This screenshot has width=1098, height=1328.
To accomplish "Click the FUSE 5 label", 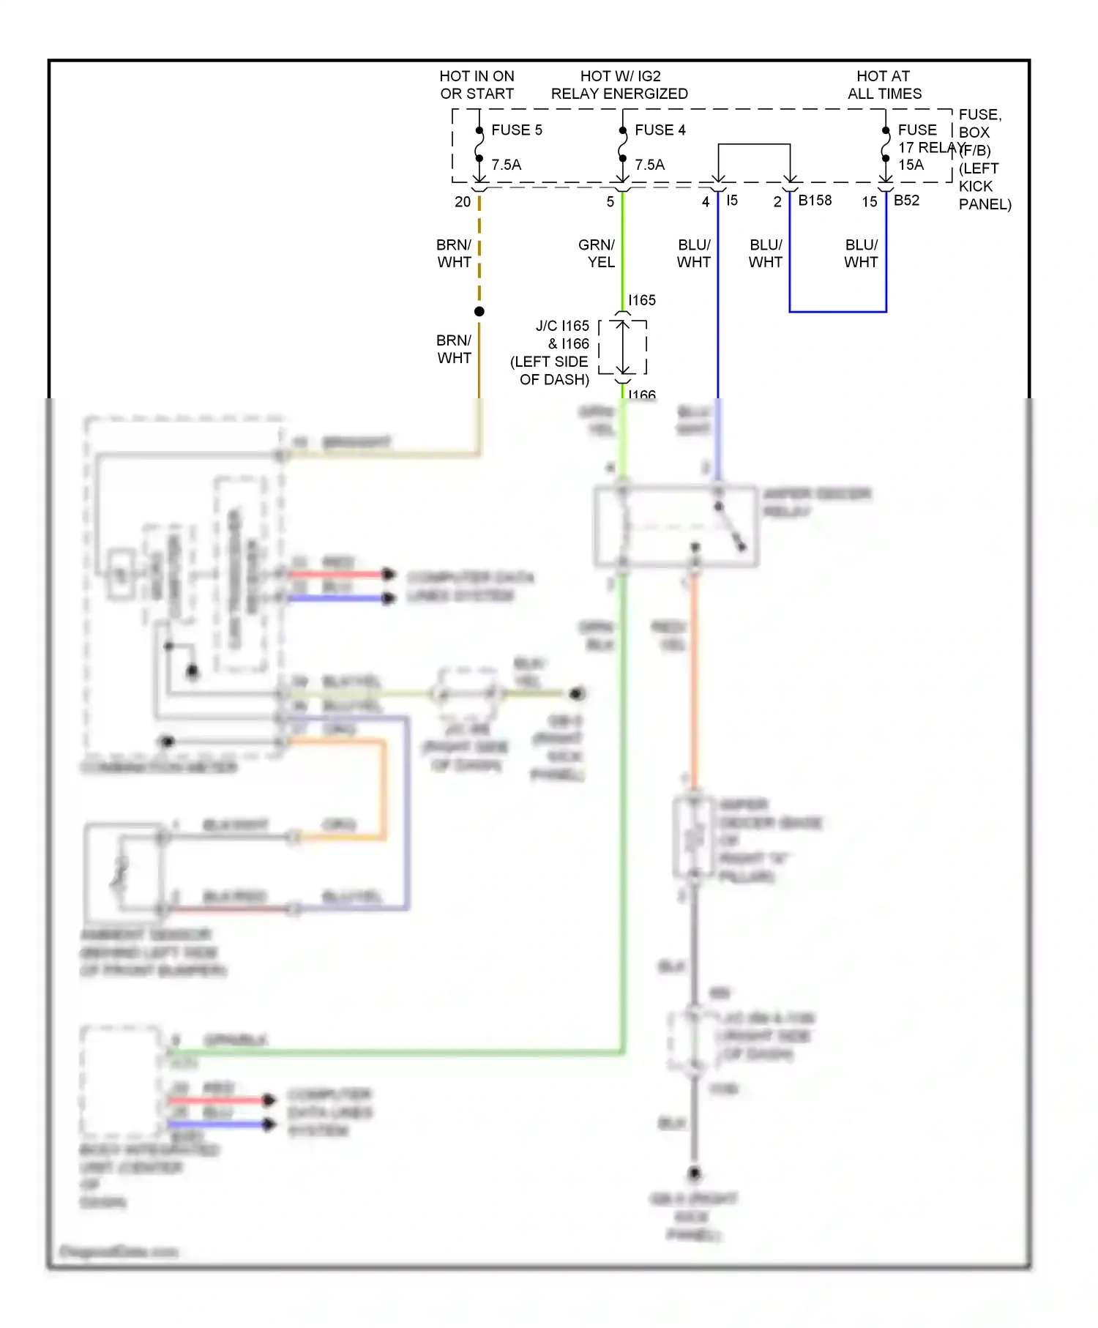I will (516, 130).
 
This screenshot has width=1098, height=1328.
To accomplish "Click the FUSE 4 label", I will (660, 130).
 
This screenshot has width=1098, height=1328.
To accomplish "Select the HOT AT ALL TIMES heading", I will (884, 85).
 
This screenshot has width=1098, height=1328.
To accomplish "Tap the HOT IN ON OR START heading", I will (477, 85).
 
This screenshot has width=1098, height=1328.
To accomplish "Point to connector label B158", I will (815, 201).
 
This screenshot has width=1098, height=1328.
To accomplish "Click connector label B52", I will (906, 201).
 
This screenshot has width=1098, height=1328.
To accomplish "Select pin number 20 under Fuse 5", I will (463, 202).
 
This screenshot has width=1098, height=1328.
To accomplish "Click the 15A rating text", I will (911, 165).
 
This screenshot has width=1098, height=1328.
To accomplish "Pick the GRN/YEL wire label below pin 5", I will (597, 253).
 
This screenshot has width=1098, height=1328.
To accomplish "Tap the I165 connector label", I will (642, 300).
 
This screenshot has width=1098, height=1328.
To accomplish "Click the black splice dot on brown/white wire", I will (479, 312).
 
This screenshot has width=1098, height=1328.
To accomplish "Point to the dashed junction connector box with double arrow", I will (623, 347).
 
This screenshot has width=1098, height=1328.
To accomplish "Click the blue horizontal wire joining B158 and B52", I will (837, 312).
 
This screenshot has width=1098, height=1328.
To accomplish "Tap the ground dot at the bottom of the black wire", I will (694, 1174).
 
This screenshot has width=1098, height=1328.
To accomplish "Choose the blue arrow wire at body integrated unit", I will (220, 1124).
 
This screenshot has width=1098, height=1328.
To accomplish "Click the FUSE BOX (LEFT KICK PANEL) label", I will (981, 159).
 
